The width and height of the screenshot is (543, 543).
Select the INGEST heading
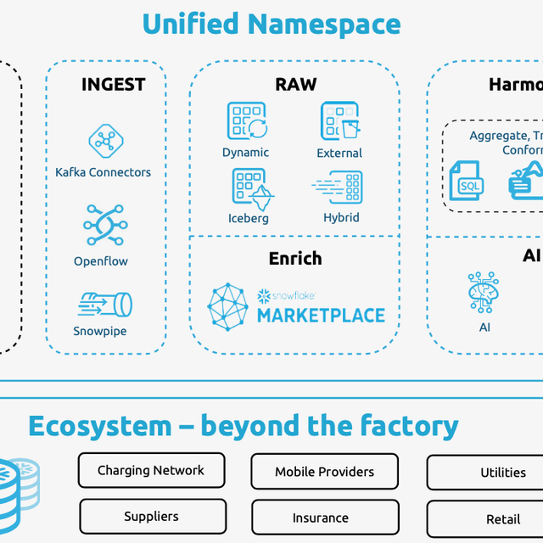(x=113, y=85)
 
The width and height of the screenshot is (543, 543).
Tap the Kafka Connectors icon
(x=106, y=141)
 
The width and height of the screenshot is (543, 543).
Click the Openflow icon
(x=104, y=225)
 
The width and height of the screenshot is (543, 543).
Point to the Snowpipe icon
(x=104, y=303)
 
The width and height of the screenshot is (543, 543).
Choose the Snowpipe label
(x=100, y=331)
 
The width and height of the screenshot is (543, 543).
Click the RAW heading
(x=295, y=84)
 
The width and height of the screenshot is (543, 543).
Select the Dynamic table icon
(x=247, y=120)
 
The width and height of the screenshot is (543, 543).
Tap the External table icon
(x=339, y=120)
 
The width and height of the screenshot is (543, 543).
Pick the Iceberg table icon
(x=249, y=188)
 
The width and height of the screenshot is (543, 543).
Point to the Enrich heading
(x=295, y=259)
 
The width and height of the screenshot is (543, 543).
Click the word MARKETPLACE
(x=321, y=316)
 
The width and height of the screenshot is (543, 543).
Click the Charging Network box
(x=151, y=470)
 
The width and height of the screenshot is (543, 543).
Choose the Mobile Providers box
(x=324, y=472)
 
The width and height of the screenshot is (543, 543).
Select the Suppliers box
(x=152, y=516)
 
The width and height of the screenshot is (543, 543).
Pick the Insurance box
(x=321, y=518)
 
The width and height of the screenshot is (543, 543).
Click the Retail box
(x=502, y=518)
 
